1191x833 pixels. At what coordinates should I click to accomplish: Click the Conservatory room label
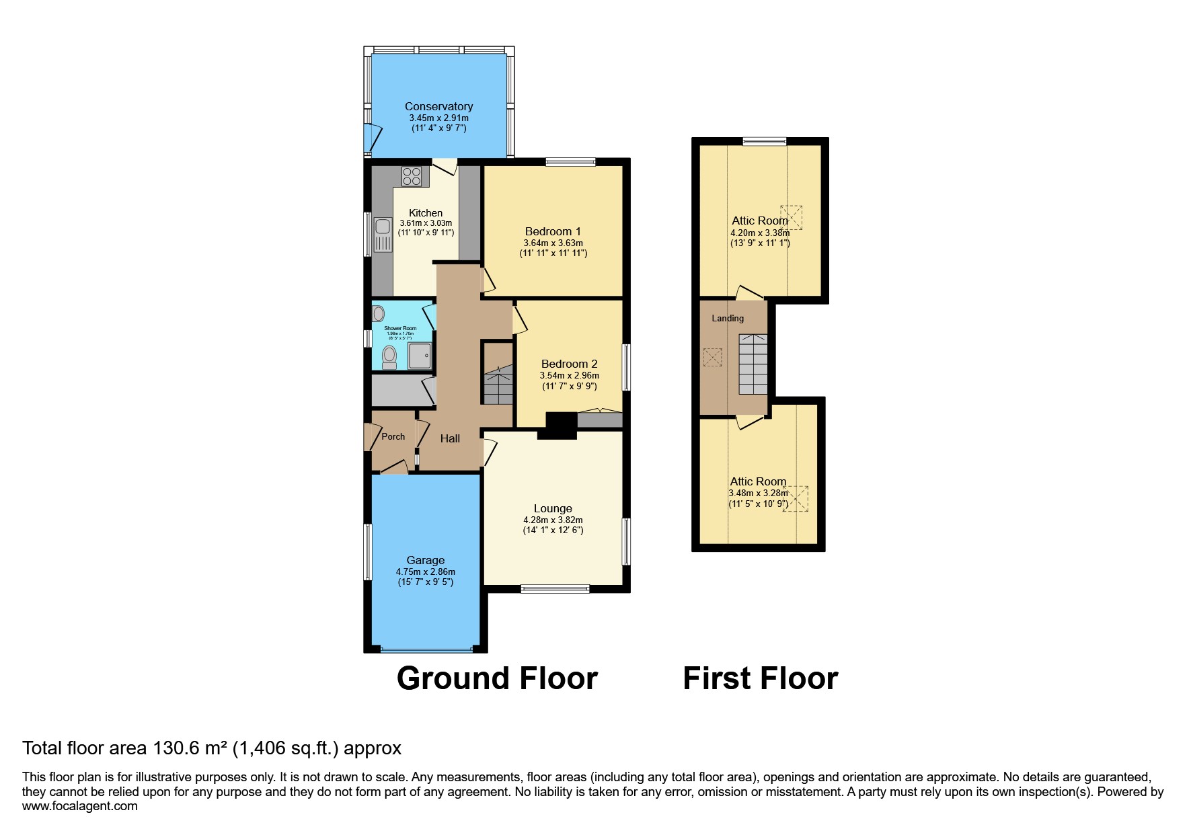point(438,106)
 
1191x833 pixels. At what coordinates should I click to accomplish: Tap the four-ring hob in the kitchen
point(412,176)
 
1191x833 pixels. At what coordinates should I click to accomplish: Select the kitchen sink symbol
point(383,234)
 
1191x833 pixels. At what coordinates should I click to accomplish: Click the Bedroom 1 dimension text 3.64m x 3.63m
point(553,243)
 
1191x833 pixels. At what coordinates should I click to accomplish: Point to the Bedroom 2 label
point(569,364)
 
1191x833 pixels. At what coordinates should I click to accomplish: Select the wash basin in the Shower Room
point(378,313)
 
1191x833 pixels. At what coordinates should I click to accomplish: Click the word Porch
point(393,436)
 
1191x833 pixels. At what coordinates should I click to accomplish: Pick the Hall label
point(450,438)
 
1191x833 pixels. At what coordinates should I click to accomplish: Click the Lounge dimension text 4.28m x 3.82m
point(553,520)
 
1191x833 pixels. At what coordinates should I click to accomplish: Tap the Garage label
point(425,560)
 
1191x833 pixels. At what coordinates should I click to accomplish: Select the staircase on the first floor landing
point(753,364)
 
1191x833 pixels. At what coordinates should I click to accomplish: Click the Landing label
point(728,318)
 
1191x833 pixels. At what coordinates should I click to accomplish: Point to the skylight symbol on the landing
point(712,357)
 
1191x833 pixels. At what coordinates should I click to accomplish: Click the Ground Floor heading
point(497,678)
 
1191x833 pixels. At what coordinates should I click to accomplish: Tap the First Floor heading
point(760,678)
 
